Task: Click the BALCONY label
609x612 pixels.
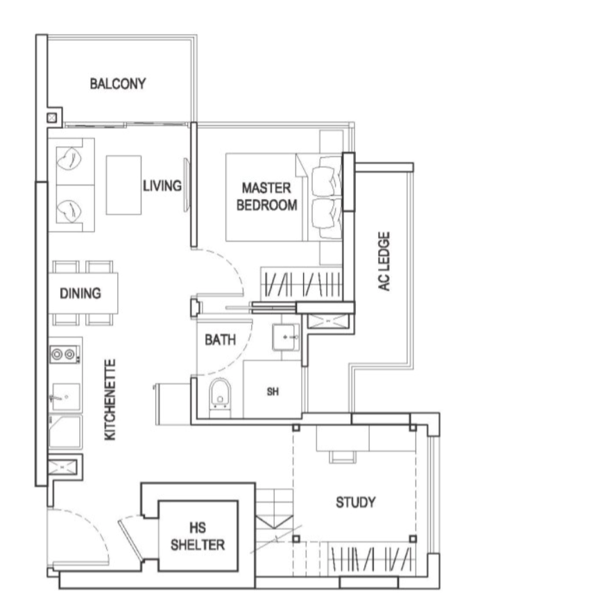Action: tap(118, 83)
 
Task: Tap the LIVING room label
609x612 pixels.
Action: tap(162, 186)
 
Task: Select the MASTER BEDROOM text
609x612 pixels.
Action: tap(267, 196)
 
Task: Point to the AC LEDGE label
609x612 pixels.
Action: tap(384, 261)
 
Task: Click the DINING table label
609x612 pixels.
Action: tap(80, 294)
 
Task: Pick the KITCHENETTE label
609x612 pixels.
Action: tap(110, 400)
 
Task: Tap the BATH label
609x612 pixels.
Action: tap(221, 340)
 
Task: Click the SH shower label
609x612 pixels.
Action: tap(273, 391)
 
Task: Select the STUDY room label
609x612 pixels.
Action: tap(356, 502)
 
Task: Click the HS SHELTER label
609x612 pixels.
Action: tap(198, 536)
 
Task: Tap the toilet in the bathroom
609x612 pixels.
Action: tap(220, 394)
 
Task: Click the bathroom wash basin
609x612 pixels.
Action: tap(286, 337)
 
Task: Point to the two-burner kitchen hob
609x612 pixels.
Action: tap(65, 355)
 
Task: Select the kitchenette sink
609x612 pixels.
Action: tap(65, 397)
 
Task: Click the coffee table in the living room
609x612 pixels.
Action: tap(123, 185)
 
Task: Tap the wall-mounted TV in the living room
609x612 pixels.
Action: tap(187, 185)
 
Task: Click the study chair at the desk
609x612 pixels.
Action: tap(343, 457)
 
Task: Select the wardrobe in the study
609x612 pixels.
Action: tap(371, 559)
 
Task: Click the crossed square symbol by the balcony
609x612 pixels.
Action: tap(52, 118)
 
